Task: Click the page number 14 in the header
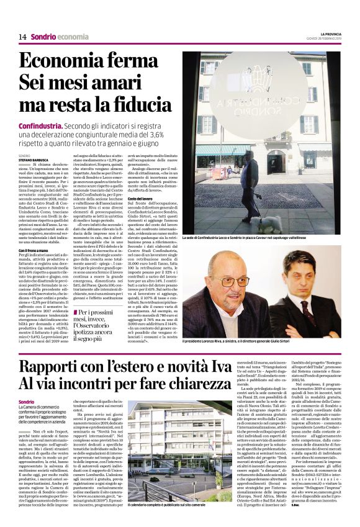coord(22,37)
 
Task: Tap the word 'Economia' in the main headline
coord(60,63)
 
